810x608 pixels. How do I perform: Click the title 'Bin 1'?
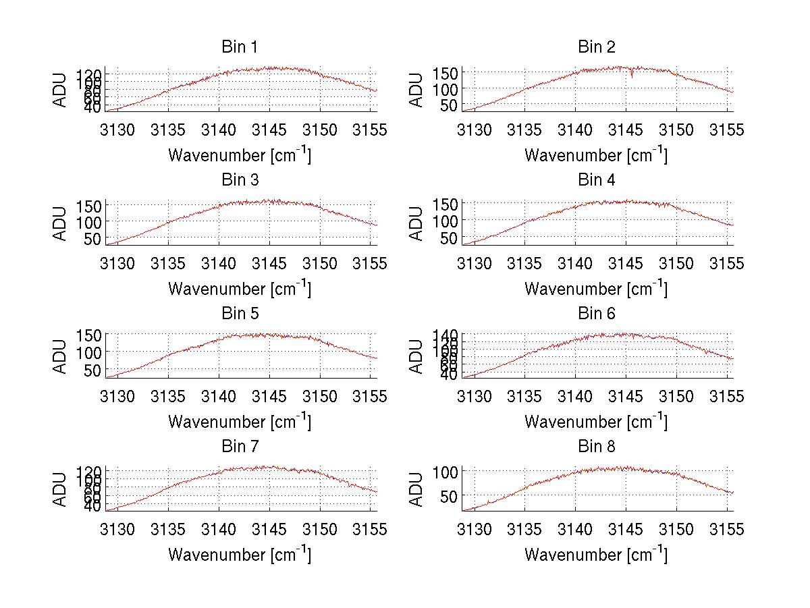click(x=239, y=47)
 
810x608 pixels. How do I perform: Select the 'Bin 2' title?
click(x=596, y=47)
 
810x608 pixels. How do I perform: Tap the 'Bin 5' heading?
click(x=239, y=314)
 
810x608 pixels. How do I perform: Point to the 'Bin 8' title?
click(x=596, y=447)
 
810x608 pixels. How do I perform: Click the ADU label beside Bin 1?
click(x=61, y=90)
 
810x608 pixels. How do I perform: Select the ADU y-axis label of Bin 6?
click(x=417, y=356)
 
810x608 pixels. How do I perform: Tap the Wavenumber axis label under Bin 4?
click(x=596, y=288)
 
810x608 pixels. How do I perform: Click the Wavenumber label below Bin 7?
click(x=240, y=555)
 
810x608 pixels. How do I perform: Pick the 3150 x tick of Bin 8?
click(x=676, y=529)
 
